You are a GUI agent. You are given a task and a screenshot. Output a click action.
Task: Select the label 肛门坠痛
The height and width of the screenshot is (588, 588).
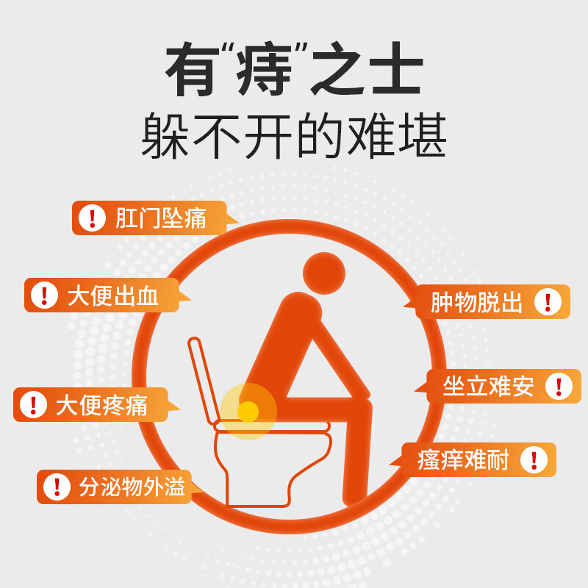coord(160,218)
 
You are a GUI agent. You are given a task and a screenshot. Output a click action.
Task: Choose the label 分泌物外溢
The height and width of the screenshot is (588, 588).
coord(132,487)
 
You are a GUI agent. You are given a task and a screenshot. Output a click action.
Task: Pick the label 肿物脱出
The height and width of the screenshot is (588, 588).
coord(476,302)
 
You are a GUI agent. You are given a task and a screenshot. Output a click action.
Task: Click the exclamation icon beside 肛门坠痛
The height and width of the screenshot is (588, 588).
coord(92,218)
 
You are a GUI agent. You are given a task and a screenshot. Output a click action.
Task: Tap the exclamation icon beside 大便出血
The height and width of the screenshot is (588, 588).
coord(44,295)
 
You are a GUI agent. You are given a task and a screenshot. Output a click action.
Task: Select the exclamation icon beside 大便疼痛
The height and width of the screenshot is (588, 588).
coord(32,405)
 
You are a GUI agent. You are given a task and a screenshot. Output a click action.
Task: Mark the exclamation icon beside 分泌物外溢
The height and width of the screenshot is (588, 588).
coord(56,487)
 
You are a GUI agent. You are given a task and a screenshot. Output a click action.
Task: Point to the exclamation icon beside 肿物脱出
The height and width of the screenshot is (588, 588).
coord(547,302)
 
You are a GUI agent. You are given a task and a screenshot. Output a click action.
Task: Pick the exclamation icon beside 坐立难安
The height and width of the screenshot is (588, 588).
coord(559,387)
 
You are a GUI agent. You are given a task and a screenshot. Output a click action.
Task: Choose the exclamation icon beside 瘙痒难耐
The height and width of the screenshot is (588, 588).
coord(534,460)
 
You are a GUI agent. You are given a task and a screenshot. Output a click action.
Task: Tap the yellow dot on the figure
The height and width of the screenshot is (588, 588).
coord(248,412)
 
